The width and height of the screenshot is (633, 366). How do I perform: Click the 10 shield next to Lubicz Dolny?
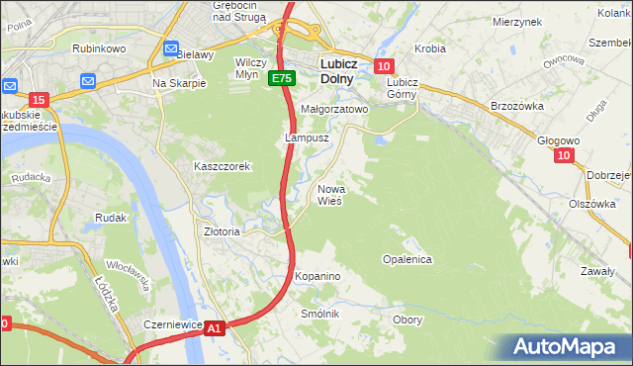[384, 66]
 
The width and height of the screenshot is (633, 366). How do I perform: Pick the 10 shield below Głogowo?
[564, 155]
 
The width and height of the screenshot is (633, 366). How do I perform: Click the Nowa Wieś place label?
[329, 194]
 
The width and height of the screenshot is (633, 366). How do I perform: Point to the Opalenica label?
[407, 259]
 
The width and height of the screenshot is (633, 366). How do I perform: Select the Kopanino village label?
[316, 276]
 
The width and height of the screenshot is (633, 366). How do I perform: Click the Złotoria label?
[222, 231]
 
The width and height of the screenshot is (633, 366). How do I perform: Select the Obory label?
[407, 320]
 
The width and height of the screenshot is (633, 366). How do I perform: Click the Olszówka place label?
[592, 204]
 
